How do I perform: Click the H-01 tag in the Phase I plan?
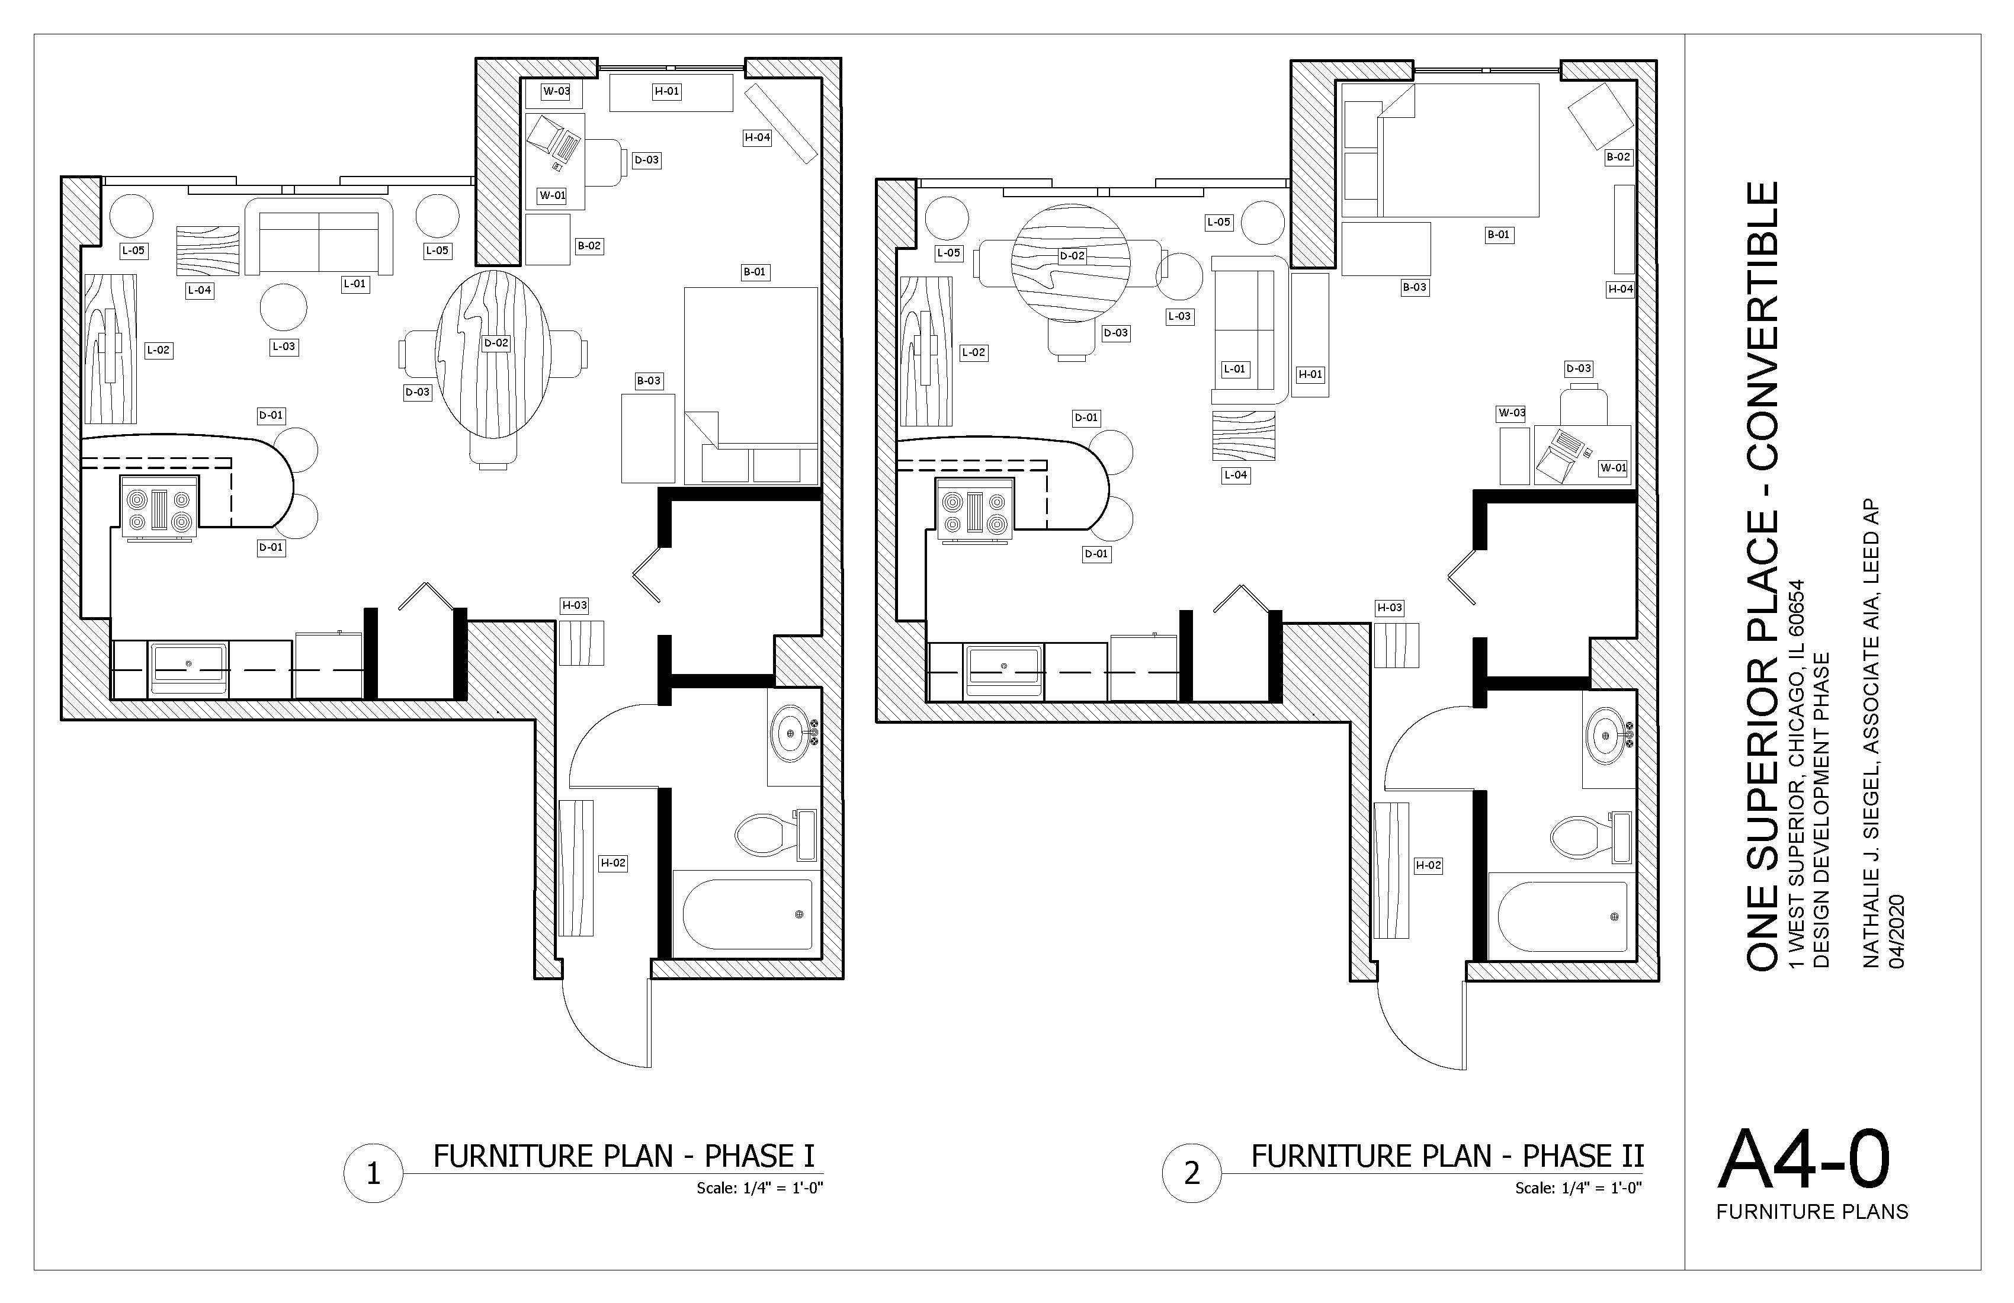click(x=667, y=91)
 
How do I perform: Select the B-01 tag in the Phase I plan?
click(x=755, y=272)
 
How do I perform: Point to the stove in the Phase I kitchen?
click(x=160, y=506)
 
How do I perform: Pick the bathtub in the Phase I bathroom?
click(x=747, y=914)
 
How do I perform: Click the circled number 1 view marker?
click(x=373, y=1173)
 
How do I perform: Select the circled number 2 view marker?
click(x=1191, y=1173)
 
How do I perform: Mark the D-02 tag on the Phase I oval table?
click(x=496, y=344)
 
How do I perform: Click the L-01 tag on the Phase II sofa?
click(x=1234, y=370)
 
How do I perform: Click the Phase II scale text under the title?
click(x=1578, y=1189)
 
